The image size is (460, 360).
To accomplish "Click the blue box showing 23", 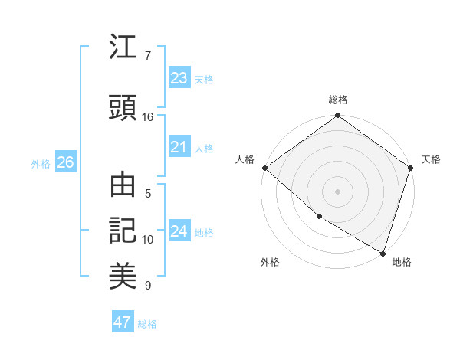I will pyautogui.click(x=179, y=77).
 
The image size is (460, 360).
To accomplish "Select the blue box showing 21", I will pyautogui.click(x=179, y=147).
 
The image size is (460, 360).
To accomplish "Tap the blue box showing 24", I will pyautogui.click(x=179, y=231).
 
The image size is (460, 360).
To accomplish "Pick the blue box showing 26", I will pyautogui.click(x=65, y=162).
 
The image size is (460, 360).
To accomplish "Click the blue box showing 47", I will pyautogui.click(x=123, y=322).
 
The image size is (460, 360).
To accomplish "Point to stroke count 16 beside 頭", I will pyautogui.click(x=148, y=116).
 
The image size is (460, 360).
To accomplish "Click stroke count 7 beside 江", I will pyautogui.click(x=148, y=55).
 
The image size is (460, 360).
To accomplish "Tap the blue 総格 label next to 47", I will pyautogui.click(x=147, y=324).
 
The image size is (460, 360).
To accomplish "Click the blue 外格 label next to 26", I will pyautogui.click(x=41, y=163).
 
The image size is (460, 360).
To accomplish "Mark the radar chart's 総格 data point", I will pyautogui.click(x=337, y=116).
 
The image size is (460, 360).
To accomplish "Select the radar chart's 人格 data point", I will pyautogui.click(x=264, y=168).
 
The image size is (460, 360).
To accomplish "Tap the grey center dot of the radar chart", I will pyautogui.click(x=337, y=191).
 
